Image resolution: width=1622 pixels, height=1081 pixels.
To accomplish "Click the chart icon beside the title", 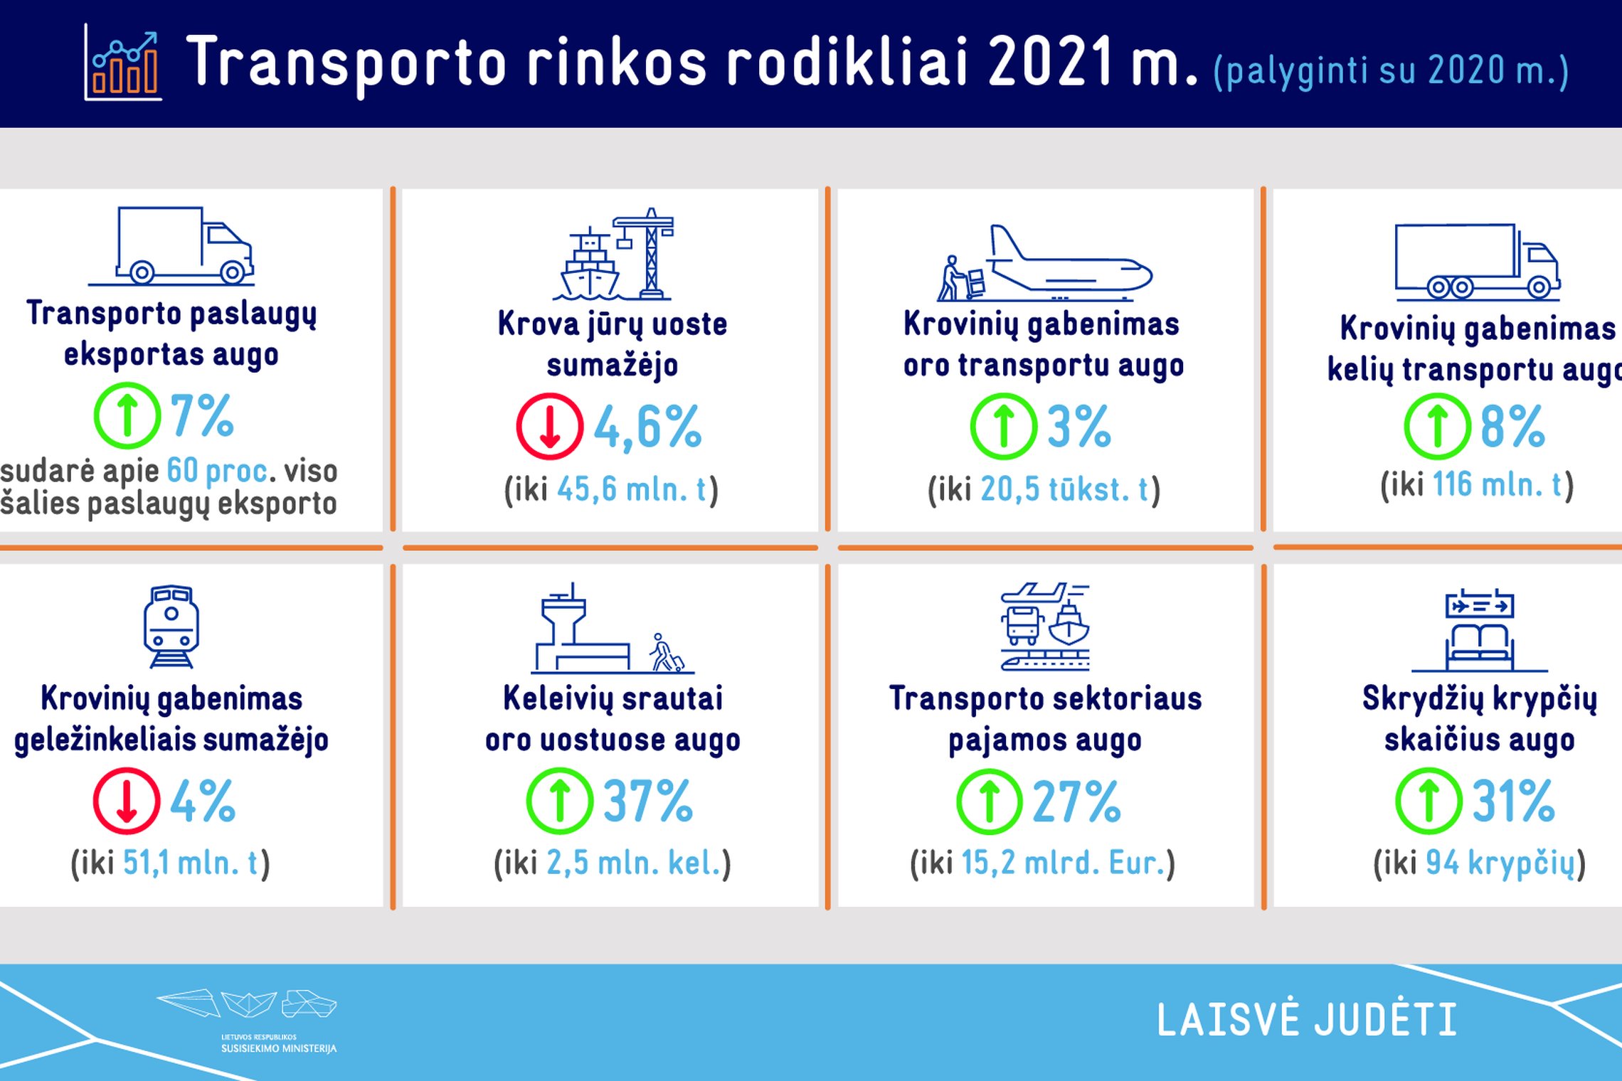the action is tap(123, 63).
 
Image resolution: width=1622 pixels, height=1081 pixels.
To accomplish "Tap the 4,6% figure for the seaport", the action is tap(647, 427).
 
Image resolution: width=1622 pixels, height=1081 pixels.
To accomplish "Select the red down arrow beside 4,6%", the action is tap(550, 426).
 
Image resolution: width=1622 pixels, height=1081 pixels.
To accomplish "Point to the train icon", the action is tap(171, 627).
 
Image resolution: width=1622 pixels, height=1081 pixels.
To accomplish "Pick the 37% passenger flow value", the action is tap(647, 801).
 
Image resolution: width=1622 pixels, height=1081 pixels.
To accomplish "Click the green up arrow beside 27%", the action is tap(990, 801).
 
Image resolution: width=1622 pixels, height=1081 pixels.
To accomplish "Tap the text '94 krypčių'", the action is tap(1500, 863).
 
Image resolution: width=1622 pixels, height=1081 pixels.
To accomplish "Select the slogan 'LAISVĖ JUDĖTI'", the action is tap(1307, 1019).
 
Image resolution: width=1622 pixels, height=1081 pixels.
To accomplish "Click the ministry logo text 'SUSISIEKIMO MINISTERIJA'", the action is tap(278, 1048).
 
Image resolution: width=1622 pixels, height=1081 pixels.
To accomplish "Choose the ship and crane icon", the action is tap(613, 254).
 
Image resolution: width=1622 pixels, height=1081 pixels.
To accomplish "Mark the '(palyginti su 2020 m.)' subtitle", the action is tap(1391, 71).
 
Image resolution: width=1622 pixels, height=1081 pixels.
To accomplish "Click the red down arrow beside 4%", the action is tap(127, 801).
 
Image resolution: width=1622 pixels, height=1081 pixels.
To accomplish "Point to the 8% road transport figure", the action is tap(1512, 426).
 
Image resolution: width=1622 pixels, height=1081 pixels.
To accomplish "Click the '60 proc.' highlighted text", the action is tap(218, 470).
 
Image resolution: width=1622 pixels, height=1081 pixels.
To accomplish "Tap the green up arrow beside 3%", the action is tap(1004, 426).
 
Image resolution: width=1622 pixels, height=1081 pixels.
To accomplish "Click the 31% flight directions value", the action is tap(1513, 801).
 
